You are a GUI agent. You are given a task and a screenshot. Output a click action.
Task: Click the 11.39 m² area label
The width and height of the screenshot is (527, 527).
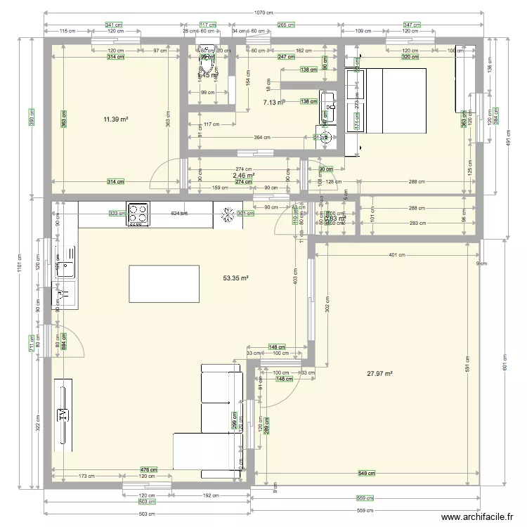point(115,120)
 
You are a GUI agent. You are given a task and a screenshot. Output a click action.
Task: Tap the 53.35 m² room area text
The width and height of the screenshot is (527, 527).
point(237,278)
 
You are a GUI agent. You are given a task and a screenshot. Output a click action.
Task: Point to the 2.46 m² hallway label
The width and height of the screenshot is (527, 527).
point(244,176)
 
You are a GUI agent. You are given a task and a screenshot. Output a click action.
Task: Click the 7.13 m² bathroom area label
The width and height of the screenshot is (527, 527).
point(273,103)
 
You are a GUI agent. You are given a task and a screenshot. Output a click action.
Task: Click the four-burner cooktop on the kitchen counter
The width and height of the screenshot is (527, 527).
point(138,214)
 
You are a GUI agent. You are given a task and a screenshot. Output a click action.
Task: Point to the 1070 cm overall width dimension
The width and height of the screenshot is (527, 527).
point(264,13)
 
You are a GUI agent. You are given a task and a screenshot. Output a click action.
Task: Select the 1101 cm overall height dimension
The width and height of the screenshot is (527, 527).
point(20,266)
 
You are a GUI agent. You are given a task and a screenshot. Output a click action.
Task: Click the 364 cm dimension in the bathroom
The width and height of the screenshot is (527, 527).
point(262,138)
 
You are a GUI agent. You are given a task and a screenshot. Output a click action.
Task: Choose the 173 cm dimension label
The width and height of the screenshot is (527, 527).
point(86,476)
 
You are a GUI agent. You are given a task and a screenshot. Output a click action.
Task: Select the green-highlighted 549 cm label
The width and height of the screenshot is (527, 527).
point(366,472)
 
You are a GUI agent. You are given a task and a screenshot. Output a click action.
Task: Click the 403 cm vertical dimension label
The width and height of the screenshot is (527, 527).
point(295,279)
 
